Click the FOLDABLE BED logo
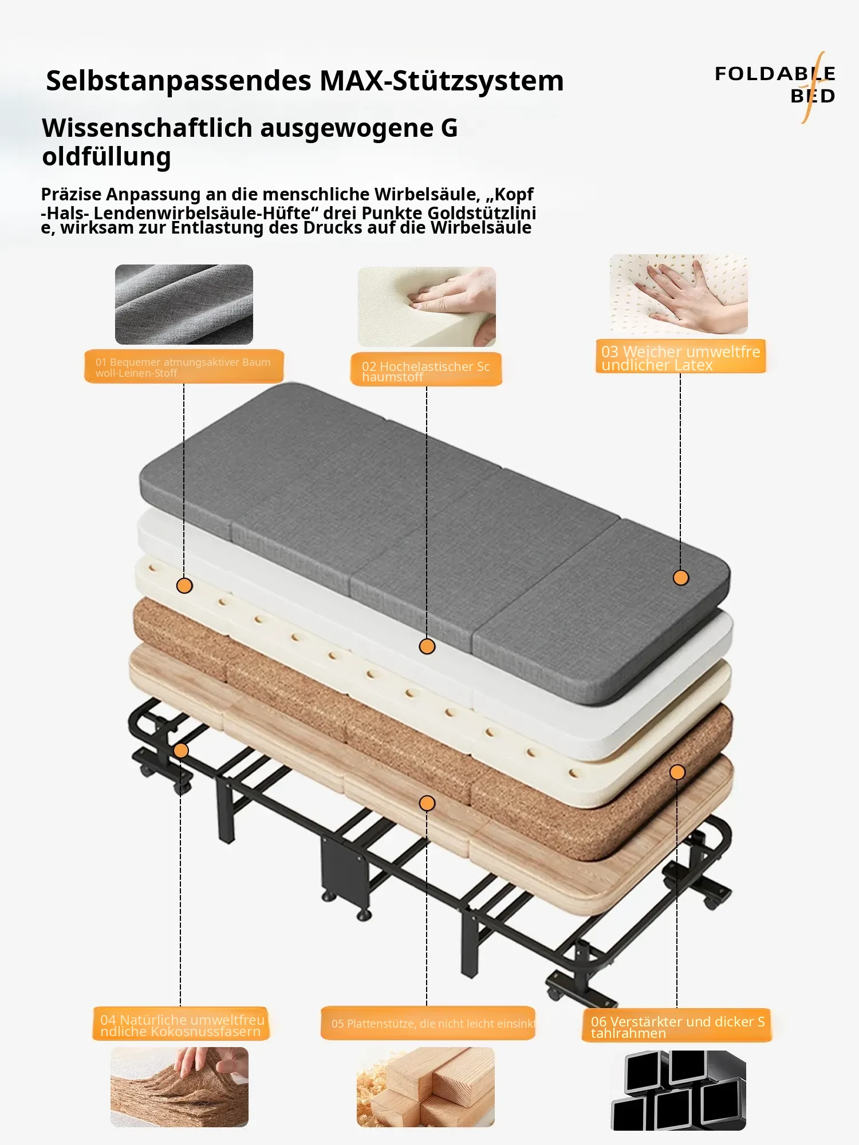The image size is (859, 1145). point(775,85)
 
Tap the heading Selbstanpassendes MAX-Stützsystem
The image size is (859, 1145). point(305,81)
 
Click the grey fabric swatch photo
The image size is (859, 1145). point(184,305)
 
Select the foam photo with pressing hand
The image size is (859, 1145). point(427,306)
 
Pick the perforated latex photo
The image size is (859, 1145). point(679,294)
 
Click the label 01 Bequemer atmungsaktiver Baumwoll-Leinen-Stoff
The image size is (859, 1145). point(184,366)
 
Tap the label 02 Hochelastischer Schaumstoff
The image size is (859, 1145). point(426,370)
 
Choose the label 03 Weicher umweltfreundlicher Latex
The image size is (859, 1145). point(680,357)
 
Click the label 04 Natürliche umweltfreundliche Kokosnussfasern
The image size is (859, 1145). point(181,1024)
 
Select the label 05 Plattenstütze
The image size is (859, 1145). point(428,1023)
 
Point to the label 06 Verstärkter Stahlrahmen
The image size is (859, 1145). point(677,1026)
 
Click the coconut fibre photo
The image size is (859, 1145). point(179,1087)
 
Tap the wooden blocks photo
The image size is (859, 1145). point(425,1087)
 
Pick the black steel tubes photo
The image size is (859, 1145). point(679,1090)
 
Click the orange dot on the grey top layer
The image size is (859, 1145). point(680,578)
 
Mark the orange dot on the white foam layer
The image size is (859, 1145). point(427,646)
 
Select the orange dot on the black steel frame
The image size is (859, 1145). point(181,751)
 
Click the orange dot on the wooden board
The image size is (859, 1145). point(427,803)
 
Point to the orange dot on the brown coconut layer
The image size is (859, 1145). point(677,772)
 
